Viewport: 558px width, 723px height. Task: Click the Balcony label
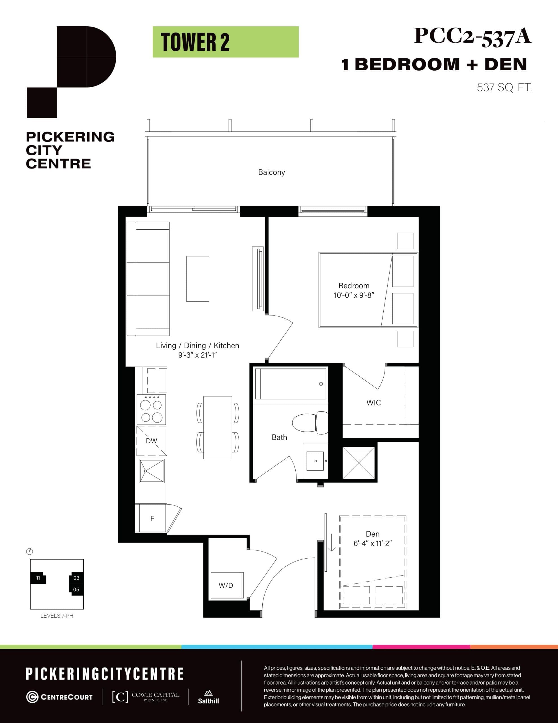click(271, 172)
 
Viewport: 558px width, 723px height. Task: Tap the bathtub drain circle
click(321, 384)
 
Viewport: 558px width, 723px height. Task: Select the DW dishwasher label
click(151, 441)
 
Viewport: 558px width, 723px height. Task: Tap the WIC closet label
click(374, 402)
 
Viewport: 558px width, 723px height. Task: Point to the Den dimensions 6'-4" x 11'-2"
click(372, 543)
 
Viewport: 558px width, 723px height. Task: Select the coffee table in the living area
click(197, 279)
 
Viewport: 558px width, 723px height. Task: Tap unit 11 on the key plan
click(38, 578)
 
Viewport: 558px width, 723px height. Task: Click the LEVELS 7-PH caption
click(56, 616)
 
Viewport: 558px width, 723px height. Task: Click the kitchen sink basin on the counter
click(152, 471)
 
